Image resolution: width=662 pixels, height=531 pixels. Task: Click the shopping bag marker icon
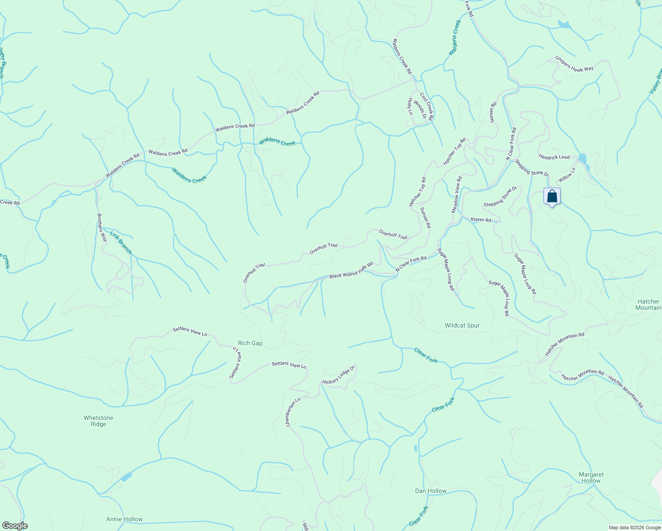pos(552,196)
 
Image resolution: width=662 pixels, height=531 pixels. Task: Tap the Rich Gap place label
pos(250,343)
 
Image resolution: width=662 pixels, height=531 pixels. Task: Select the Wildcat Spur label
pos(462,325)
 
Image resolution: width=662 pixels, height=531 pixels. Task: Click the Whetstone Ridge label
pos(98,421)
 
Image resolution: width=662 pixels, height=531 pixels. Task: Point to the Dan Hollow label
pos(431,491)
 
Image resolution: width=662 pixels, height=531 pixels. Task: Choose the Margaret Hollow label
pos(591,477)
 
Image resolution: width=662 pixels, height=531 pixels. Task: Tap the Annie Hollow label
pos(124,519)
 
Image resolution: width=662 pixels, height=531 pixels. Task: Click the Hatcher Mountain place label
pos(648,304)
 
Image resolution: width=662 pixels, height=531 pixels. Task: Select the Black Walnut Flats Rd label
pos(351,270)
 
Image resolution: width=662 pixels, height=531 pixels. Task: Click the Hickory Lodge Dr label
pos(339,376)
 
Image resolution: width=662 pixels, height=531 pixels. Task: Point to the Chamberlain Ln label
pos(293,412)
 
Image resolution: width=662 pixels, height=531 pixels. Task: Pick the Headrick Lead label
pos(554,157)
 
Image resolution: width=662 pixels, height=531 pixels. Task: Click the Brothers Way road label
pos(102,227)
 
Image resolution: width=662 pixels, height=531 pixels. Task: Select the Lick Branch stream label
pos(121,242)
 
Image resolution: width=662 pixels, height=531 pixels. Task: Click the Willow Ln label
pos(567,175)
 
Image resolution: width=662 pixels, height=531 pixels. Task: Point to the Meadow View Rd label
pos(456,195)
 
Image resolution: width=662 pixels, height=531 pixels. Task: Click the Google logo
pos(15,526)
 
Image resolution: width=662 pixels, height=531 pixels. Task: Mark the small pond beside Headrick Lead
pos(582,159)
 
